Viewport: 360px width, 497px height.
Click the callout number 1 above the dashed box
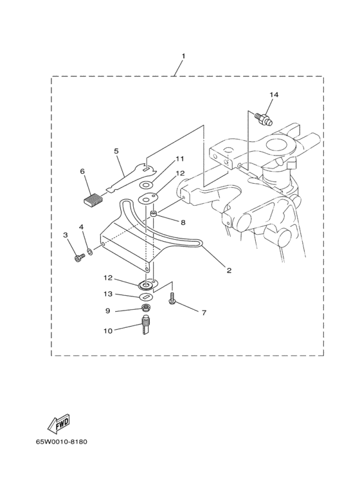coord(183,56)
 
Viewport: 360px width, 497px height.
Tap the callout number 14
coord(274,95)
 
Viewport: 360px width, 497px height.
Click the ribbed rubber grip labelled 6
coord(92,200)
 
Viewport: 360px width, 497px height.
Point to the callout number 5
coord(116,151)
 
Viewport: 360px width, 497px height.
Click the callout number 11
coord(180,159)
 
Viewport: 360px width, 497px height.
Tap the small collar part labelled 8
coord(154,215)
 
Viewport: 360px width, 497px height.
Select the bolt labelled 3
coord(80,258)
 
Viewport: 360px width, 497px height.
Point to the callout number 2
coord(229,271)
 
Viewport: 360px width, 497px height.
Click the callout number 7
coord(204,313)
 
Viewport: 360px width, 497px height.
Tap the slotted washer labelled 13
coord(147,296)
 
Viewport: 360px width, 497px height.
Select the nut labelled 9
coord(146,307)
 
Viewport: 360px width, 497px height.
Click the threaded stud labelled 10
coord(145,325)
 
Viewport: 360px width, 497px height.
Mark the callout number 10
coord(108,331)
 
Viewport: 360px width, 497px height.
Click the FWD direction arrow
coord(59,424)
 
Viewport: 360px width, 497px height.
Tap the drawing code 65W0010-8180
coord(61,442)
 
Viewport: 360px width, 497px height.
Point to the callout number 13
coord(108,294)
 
